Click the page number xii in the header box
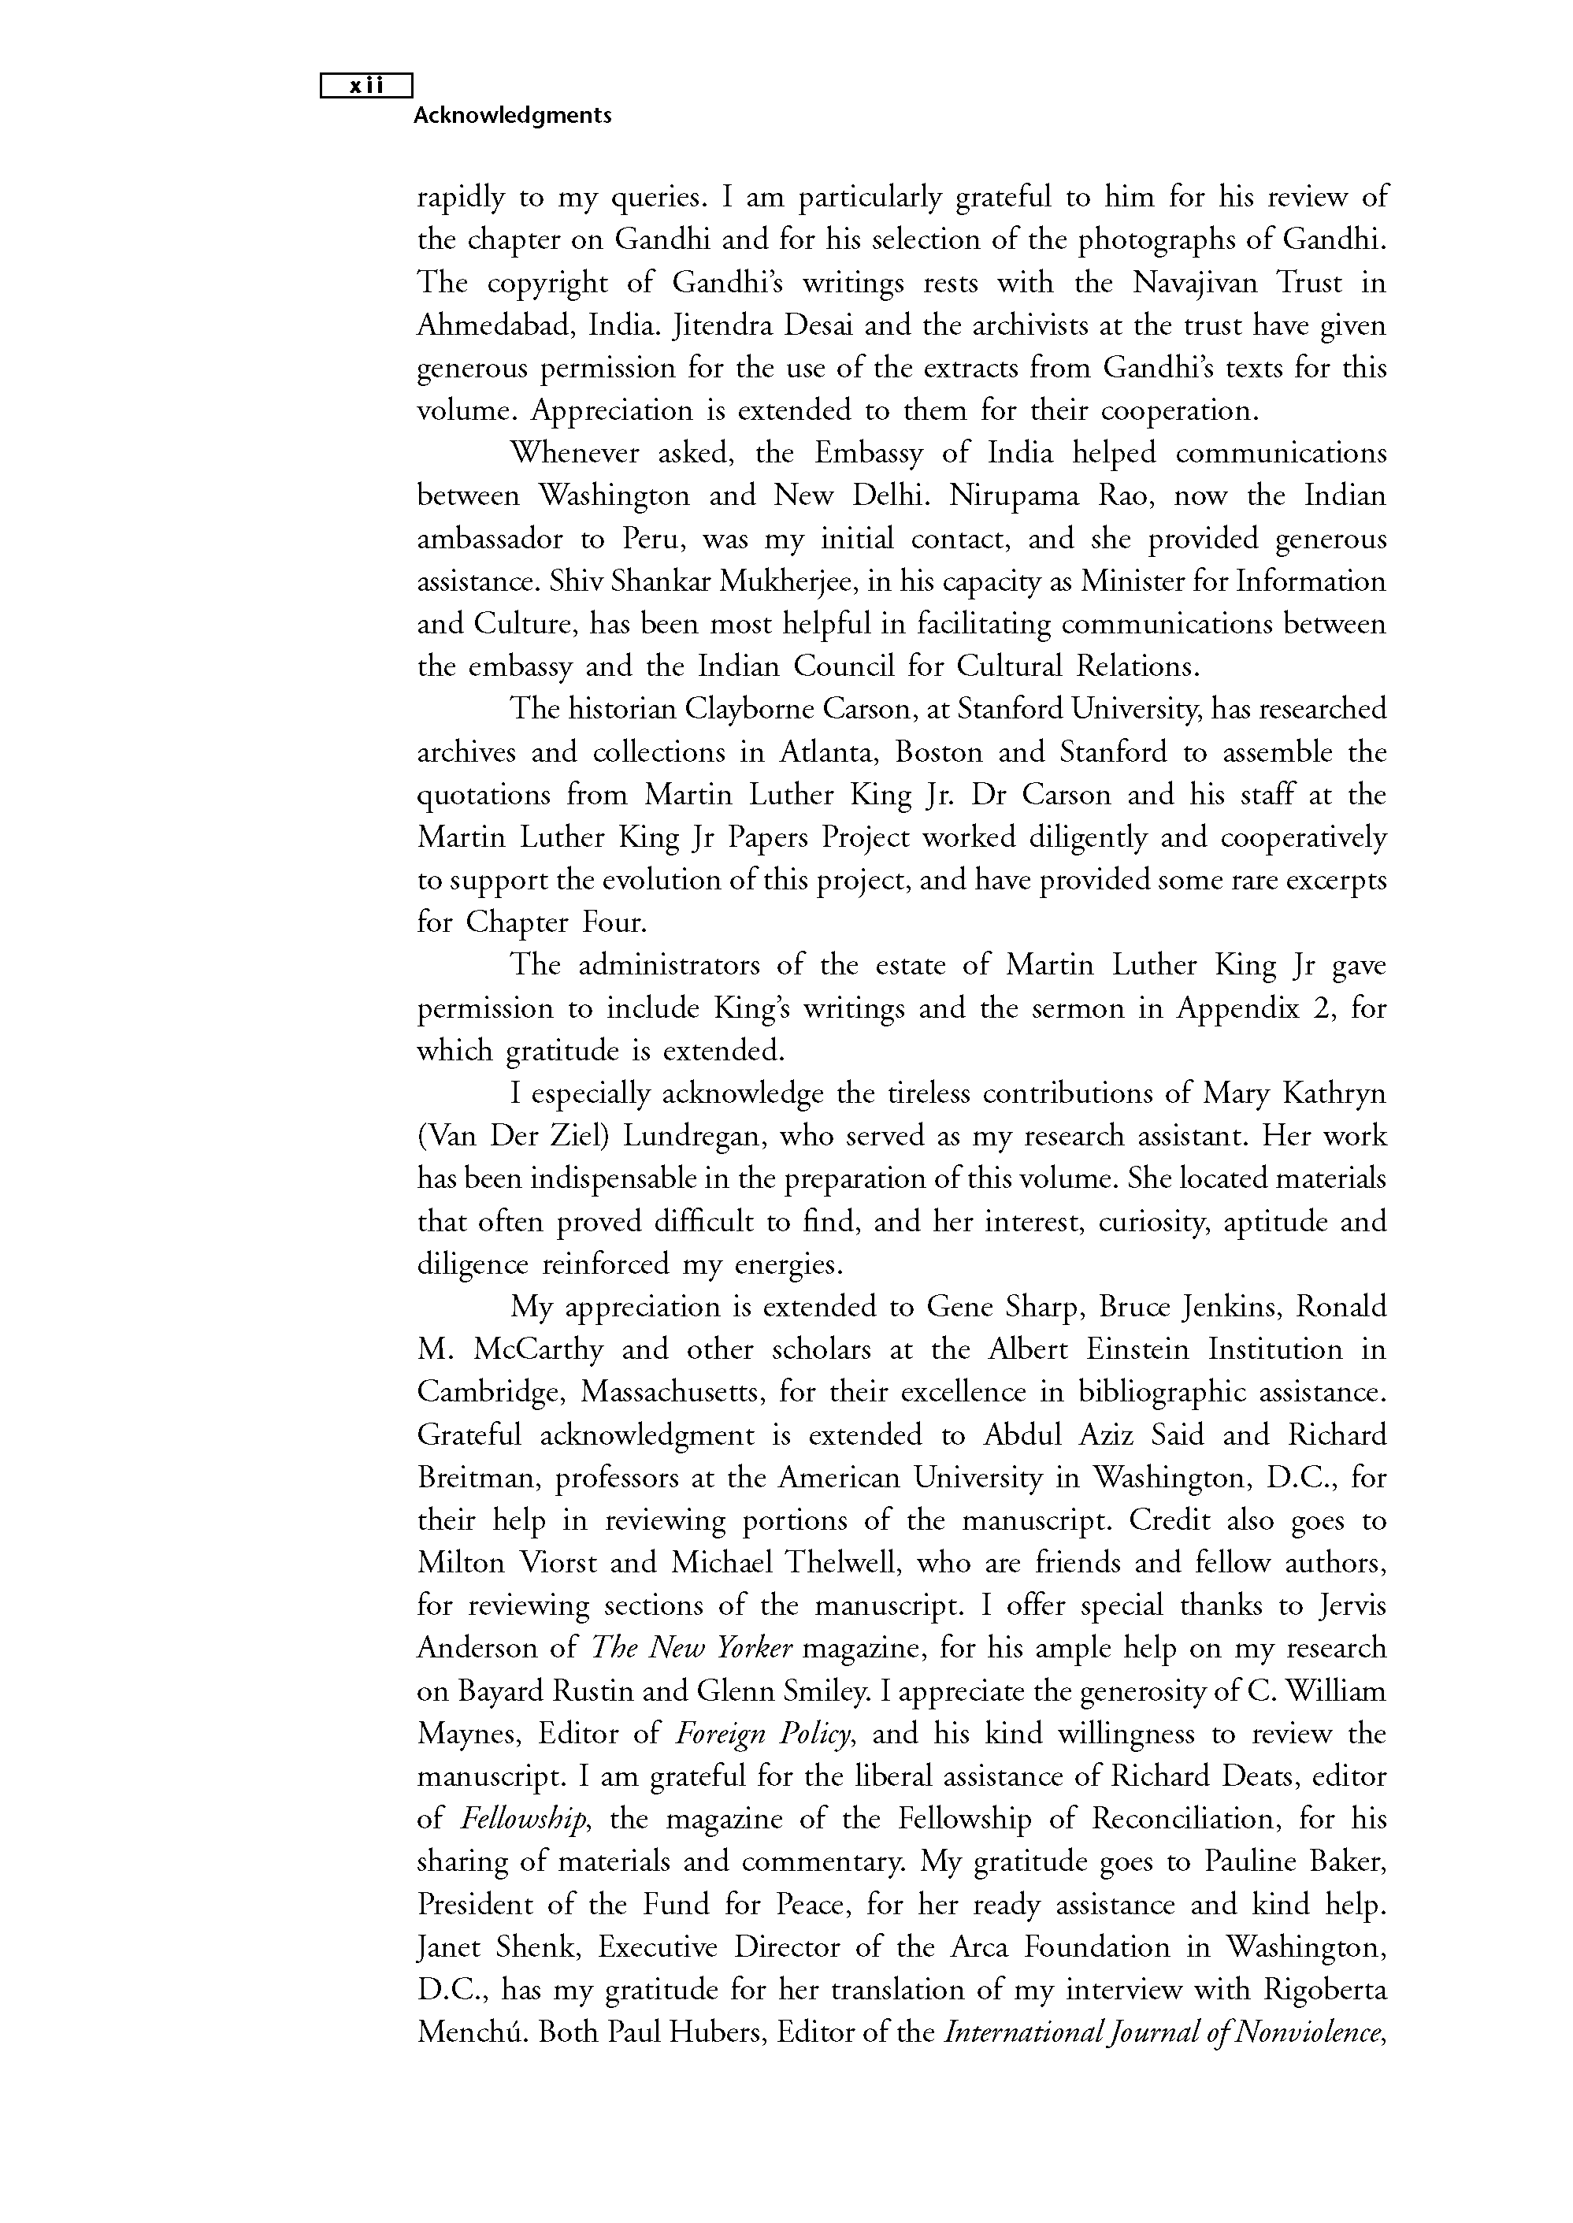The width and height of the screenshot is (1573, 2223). click(x=366, y=86)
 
